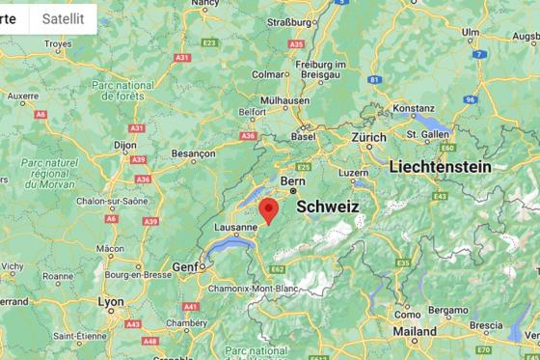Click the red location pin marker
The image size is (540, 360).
pyautogui.click(x=269, y=209)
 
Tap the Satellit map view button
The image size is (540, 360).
pyautogui.click(x=63, y=17)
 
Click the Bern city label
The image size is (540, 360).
pyautogui.click(x=292, y=180)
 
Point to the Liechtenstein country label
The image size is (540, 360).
pyautogui.click(x=440, y=167)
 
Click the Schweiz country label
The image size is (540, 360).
pyautogui.click(x=328, y=207)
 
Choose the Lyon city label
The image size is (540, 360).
pyautogui.click(x=111, y=301)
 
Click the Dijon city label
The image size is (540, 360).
pyautogui.click(x=124, y=145)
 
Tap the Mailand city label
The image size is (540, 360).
pyautogui.click(x=415, y=331)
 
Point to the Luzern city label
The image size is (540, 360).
pyautogui.click(x=354, y=173)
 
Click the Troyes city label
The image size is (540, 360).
pyautogui.click(x=58, y=43)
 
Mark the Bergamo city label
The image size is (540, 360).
pyautogui.click(x=447, y=310)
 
